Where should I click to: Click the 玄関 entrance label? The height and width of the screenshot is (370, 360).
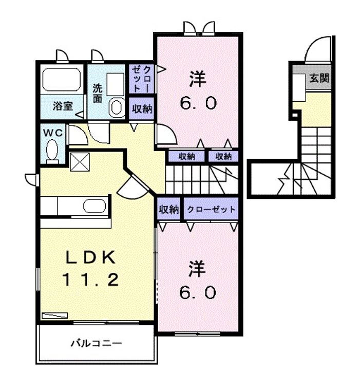[319, 78]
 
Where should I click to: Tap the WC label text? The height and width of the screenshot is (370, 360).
[53, 133]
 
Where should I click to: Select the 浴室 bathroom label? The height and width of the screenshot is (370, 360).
[63, 106]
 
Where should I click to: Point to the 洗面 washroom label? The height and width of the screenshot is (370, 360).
[98, 93]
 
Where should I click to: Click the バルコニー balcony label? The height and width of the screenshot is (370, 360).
[97, 343]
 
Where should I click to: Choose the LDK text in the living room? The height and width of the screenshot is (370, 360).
[90, 257]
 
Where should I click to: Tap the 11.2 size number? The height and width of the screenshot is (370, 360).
[90, 280]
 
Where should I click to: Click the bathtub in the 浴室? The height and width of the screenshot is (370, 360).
[61, 80]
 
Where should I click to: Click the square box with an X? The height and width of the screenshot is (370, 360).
[80, 162]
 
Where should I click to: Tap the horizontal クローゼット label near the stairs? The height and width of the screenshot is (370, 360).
[211, 209]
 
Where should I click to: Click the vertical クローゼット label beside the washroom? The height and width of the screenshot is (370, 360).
[141, 79]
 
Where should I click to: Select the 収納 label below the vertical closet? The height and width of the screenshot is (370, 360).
[142, 108]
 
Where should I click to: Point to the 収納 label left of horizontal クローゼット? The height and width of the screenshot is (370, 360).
[168, 209]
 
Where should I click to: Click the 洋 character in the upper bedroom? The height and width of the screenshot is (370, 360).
[197, 80]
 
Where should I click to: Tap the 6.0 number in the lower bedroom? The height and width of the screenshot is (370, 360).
[197, 292]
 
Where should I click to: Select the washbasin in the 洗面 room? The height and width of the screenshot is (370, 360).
[117, 107]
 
